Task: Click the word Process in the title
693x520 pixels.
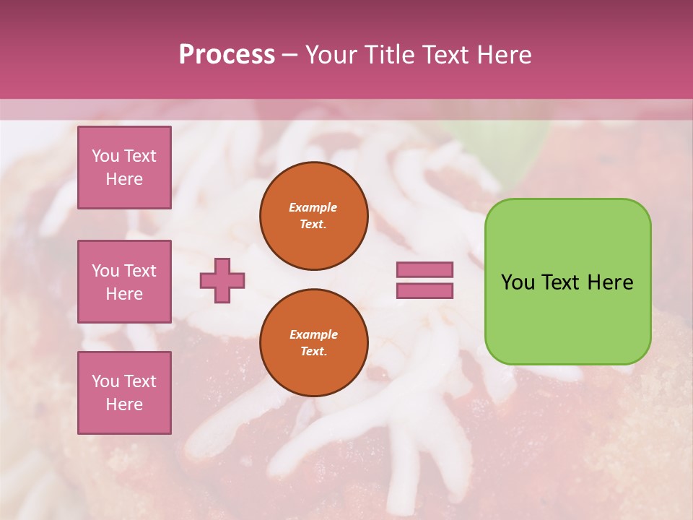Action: coord(227,54)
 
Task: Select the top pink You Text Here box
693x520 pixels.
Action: coord(124,168)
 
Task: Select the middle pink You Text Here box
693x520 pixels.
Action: coord(124,282)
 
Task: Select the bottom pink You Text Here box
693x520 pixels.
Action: coord(124,392)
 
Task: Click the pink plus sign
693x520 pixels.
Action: coord(222,280)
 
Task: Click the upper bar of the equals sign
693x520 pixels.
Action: coord(424,269)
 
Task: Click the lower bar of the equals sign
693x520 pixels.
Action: coord(424,291)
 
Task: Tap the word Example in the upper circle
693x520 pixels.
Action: coord(313,207)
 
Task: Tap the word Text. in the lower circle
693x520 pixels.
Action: coord(313,351)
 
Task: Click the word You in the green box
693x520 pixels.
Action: coord(518,282)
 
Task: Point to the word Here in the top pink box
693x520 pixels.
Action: coord(124,179)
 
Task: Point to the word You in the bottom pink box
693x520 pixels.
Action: coord(105,381)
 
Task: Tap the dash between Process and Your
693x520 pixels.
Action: coord(289,55)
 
